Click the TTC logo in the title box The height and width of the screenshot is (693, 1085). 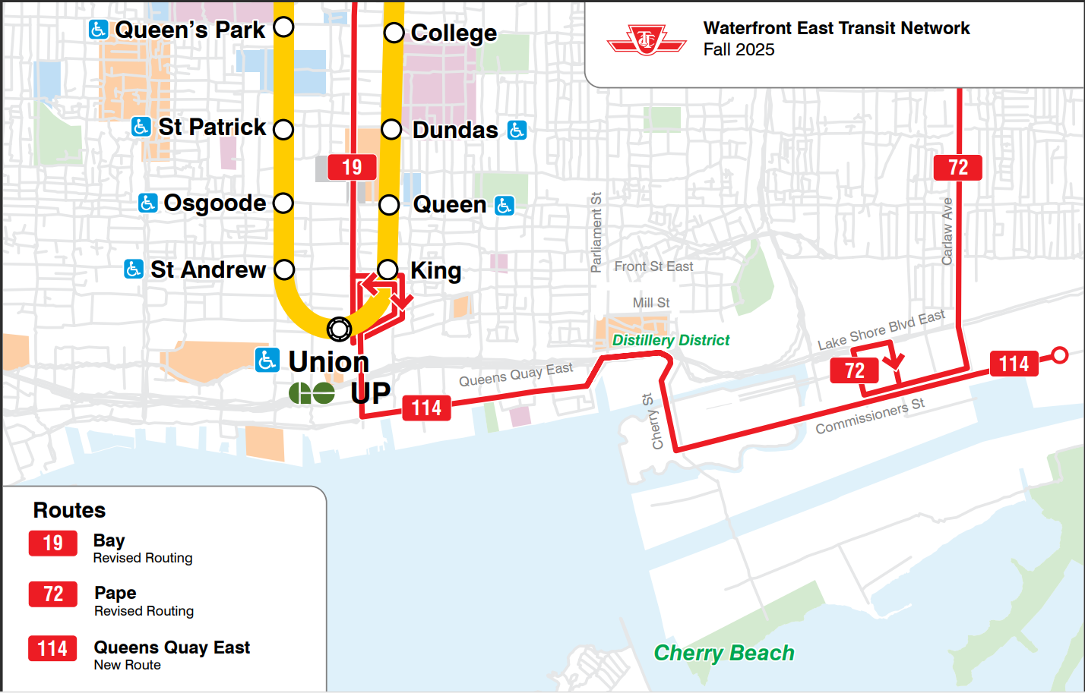click(x=647, y=39)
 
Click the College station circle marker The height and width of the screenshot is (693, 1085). click(x=394, y=33)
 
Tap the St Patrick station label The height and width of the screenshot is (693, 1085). click(x=212, y=127)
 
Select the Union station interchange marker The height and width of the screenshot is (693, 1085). click(x=339, y=329)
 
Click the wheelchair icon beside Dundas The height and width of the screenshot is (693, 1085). click(x=517, y=130)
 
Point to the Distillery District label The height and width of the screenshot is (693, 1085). click(x=670, y=340)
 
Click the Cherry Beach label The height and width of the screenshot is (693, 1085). click(x=724, y=653)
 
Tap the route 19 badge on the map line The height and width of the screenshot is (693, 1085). click(x=352, y=167)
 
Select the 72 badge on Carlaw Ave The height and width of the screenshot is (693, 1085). click(x=958, y=167)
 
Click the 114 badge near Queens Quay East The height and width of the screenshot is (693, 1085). click(x=426, y=408)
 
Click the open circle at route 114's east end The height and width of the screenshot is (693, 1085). click(x=1060, y=354)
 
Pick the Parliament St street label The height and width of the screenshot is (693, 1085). click(x=596, y=232)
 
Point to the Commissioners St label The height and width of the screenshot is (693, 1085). click(x=870, y=416)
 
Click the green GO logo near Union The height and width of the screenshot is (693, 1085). click(x=312, y=392)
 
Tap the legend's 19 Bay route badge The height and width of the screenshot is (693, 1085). click(x=53, y=543)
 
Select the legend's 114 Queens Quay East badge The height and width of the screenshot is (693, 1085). click(x=53, y=648)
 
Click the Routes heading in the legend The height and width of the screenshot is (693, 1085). click(x=69, y=510)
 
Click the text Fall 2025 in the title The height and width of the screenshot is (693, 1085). click(x=739, y=49)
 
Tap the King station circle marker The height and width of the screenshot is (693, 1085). click(x=387, y=269)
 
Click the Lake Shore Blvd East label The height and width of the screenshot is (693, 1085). click(x=881, y=330)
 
